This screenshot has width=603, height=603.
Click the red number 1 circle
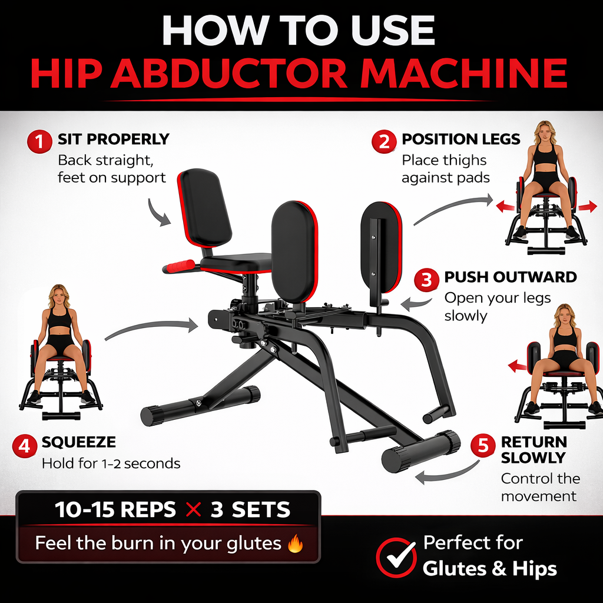[39, 141]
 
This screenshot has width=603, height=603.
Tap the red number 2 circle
[384, 141]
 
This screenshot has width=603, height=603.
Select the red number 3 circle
[426, 280]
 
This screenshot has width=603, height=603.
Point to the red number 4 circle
[25, 446]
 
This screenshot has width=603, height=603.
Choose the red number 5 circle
[483, 445]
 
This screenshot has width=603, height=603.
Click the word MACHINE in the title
[463, 73]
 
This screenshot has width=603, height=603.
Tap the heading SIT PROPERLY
[114, 139]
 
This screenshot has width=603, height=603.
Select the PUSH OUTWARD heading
[511, 277]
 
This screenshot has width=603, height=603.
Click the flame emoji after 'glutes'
[295, 544]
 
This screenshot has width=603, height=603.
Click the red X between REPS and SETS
[193, 509]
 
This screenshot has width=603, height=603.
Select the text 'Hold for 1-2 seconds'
[111, 463]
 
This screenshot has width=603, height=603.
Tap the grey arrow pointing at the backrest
[158, 213]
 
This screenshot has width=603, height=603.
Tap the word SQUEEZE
[78, 442]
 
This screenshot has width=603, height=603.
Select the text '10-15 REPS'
[115, 509]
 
